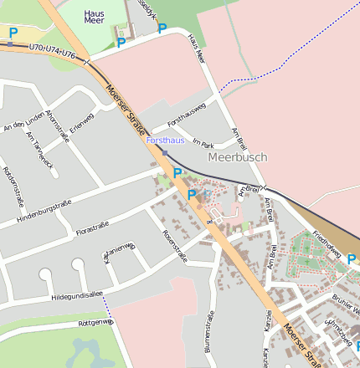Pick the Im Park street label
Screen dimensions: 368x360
pyautogui.click(x=203, y=145)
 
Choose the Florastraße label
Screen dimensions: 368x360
pyautogui.click(x=92, y=228)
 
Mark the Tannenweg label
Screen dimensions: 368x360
pyautogui.click(x=119, y=250)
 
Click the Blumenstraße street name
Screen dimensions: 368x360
pyautogui.click(x=209, y=330)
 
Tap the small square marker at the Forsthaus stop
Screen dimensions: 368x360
pyautogui.click(x=165, y=153)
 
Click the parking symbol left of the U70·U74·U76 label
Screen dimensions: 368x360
pyautogui.click(x=13, y=33)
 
